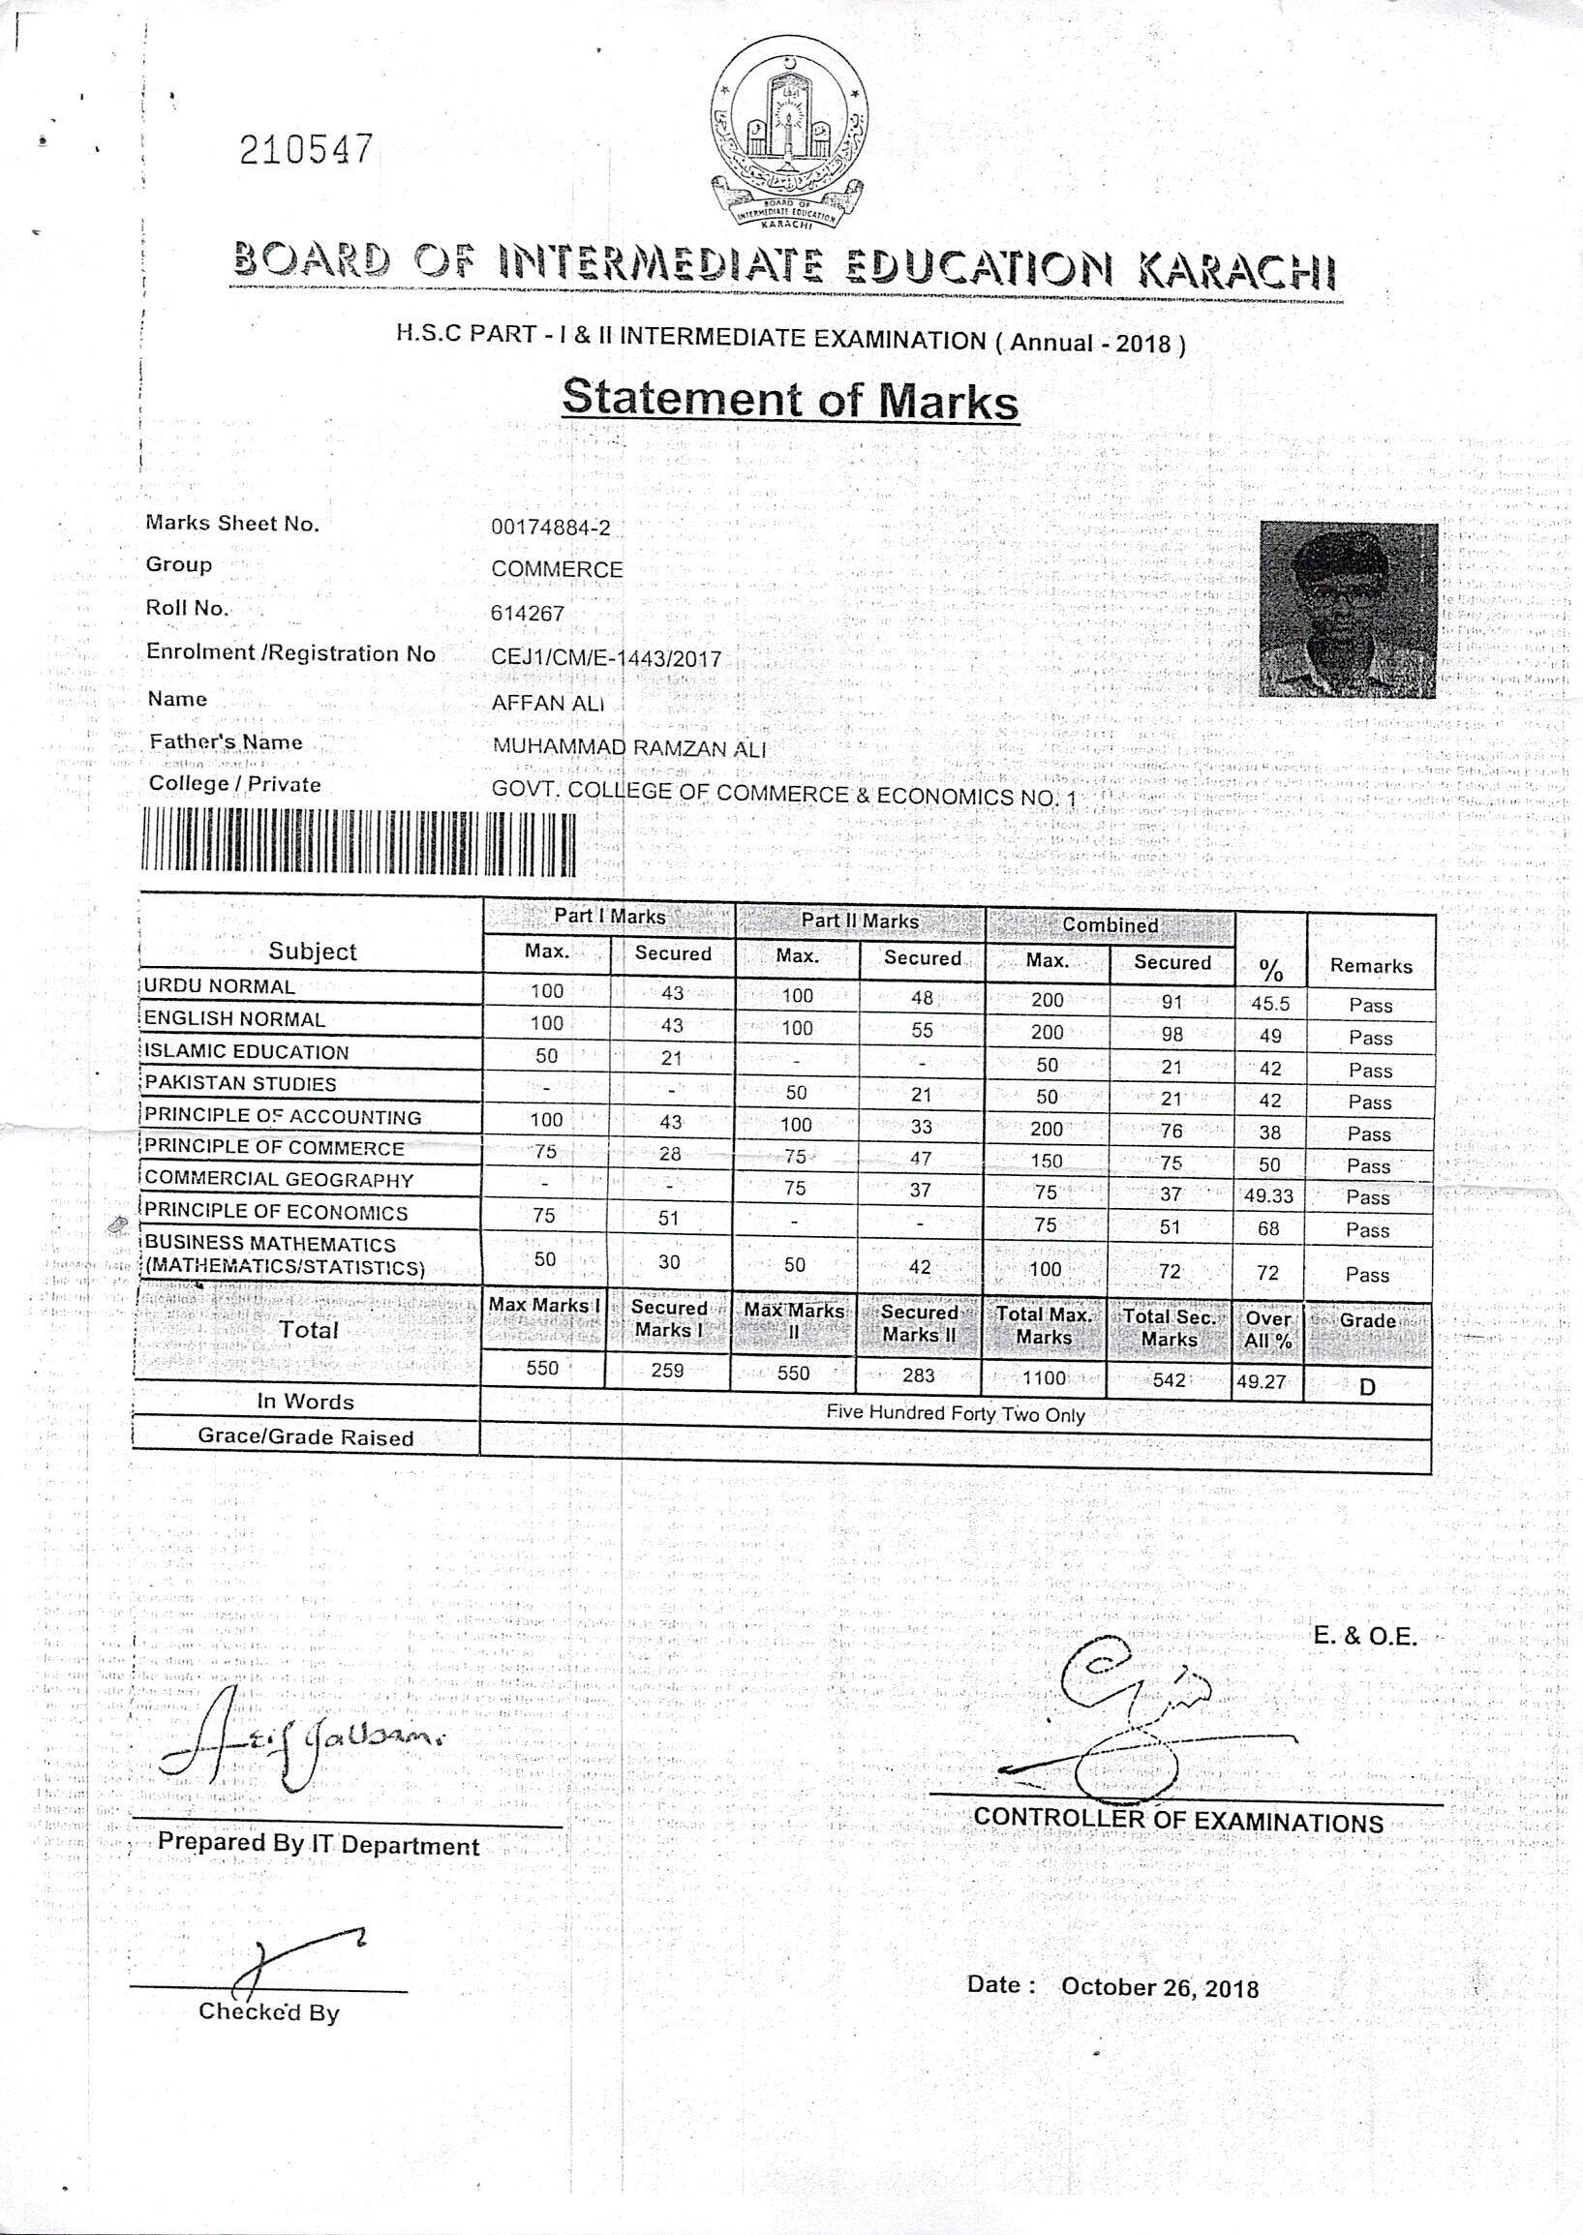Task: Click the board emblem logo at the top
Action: pyautogui.click(x=788, y=136)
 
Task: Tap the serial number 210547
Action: pyautogui.click(x=305, y=150)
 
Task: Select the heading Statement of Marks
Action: pyautogui.click(x=790, y=401)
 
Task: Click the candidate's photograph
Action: pyautogui.click(x=1348, y=610)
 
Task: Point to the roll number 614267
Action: pyautogui.click(x=528, y=613)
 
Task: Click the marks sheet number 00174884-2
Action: pyautogui.click(x=551, y=529)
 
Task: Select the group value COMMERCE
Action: pyautogui.click(x=557, y=569)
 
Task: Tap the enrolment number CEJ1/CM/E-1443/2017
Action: pyautogui.click(x=606, y=658)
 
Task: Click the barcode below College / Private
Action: pyautogui.click(x=357, y=842)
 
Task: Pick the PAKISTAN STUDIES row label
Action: pyautogui.click(x=241, y=1083)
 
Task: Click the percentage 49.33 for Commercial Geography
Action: pyautogui.click(x=1269, y=1195)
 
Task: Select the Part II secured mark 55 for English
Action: pyautogui.click(x=921, y=1030)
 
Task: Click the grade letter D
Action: pyautogui.click(x=1366, y=1386)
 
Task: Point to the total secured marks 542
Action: pyautogui.click(x=1168, y=1379)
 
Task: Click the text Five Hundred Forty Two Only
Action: pyautogui.click(x=956, y=1413)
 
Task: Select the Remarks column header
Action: pyautogui.click(x=1371, y=965)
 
